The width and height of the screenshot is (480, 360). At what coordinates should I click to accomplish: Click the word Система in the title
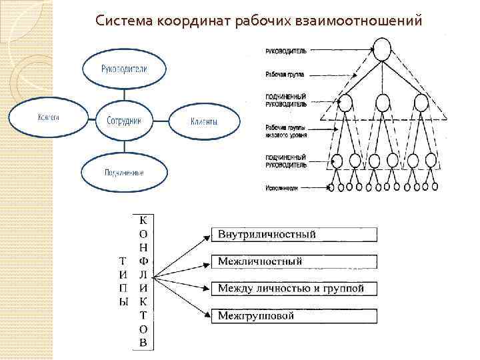[124, 21]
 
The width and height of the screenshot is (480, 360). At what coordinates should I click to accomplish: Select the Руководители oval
[124, 69]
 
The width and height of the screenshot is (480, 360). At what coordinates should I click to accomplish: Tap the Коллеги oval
[48, 118]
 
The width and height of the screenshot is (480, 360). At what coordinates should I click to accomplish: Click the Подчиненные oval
[123, 172]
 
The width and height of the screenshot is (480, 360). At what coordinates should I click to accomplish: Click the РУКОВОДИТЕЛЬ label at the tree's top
[286, 49]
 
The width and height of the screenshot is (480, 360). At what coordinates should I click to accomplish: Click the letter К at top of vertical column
[144, 219]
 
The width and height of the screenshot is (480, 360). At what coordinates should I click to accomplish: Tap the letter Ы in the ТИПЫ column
[122, 303]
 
